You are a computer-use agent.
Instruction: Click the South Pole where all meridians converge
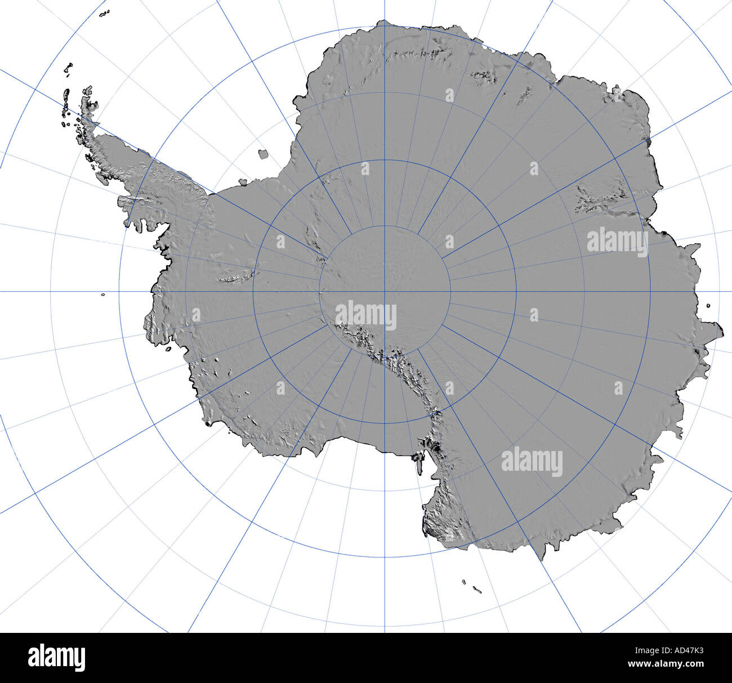385,291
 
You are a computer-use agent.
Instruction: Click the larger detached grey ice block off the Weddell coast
263,154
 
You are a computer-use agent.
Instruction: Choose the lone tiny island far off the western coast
103,294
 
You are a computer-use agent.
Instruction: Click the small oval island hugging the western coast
168,349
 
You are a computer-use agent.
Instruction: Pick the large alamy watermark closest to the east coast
617,242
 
